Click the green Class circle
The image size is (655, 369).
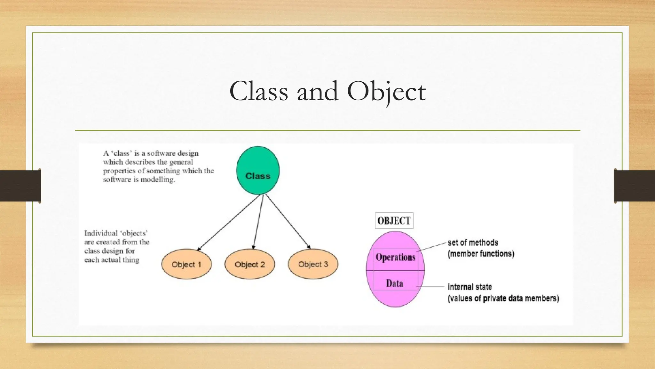(x=258, y=170)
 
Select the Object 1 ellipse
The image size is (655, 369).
(x=186, y=264)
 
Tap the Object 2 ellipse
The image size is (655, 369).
(x=250, y=264)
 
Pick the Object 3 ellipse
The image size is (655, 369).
(x=313, y=264)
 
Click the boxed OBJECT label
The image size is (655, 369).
(x=394, y=221)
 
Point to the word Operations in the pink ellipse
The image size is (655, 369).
(x=396, y=257)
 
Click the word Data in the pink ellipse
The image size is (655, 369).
(x=395, y=283)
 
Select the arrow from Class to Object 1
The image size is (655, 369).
(x=229, y=223)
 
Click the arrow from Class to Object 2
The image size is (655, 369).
(x=258, y=222)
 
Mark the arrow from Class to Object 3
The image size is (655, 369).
(x=288, y=222)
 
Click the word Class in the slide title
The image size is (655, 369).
(x=258, y=92)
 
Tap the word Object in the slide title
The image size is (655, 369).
(x=386, y=92)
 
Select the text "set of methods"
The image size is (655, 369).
(x=473, y=243)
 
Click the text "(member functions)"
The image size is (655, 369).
(x=481, y=254)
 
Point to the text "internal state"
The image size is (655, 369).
(x=470, y=287)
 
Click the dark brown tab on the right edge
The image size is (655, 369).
(x=635, y=186)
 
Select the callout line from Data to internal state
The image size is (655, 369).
(x=430, y=286)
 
